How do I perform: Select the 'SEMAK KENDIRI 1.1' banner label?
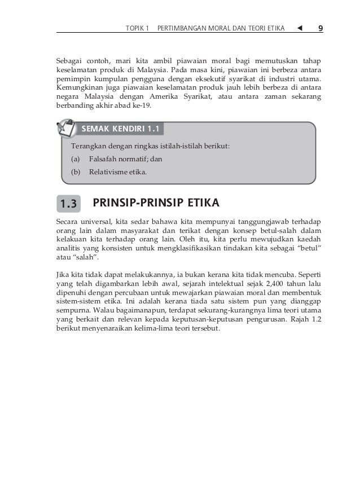[121, 129]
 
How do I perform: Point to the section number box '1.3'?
[69, 202]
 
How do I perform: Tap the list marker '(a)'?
[74, 160]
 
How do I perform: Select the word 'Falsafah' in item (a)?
[102, 160]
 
